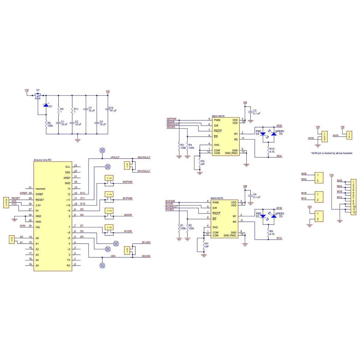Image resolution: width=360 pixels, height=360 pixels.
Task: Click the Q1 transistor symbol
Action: click(x=38, y=96)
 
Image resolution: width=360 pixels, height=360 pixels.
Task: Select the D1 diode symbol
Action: click(x=46, y=105)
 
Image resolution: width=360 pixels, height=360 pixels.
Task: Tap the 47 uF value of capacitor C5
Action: click(x=113, y=110)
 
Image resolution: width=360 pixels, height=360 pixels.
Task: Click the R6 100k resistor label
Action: click(x=50, y=124)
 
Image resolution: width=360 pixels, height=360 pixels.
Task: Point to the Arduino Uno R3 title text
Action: click(x=42, y=160)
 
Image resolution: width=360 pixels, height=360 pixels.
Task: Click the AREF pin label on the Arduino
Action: click(x=67, y=178)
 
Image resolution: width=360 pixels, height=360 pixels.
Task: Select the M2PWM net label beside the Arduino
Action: click(x=127, y=182)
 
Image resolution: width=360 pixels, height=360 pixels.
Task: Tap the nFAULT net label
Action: click(x=115, y=157)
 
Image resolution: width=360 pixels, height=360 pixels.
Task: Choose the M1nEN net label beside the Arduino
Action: click(x=146, y=242)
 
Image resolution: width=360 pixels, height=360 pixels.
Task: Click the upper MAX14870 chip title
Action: click(x=218, y=116)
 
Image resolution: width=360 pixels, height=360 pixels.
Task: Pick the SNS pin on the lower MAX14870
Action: click(x=215, y=227)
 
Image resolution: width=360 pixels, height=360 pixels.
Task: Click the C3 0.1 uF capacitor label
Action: click(x=256, y=112)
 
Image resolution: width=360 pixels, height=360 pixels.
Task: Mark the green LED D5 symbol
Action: click(x=274, y=134)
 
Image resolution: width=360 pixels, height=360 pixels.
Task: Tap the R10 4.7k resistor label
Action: click(x=272, y=150)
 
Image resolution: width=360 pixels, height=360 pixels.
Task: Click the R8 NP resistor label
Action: click(x=203, y=163)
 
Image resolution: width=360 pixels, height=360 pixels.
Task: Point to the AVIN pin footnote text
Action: click(x=331, y=153)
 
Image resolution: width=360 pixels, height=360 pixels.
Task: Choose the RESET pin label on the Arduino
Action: click(x=40, y=200)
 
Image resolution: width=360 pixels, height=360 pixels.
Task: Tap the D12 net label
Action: click(x=82, y=193)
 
